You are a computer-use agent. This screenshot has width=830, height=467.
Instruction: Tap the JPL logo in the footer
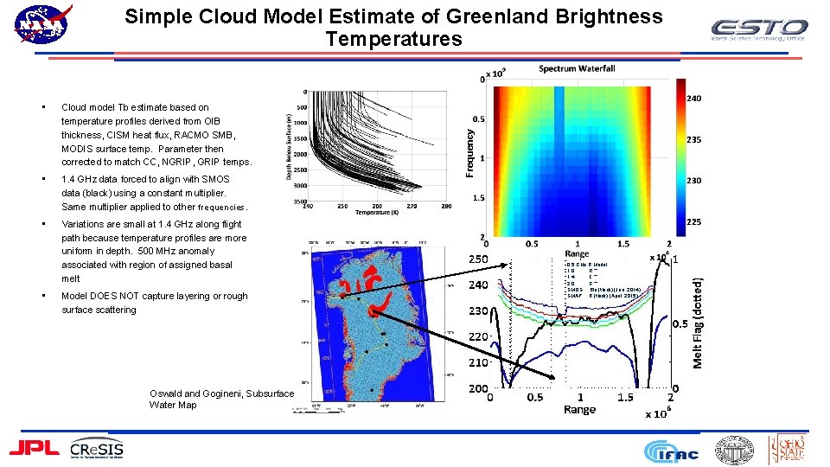pos(34,447)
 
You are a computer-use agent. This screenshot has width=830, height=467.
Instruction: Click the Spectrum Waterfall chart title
pos(577,68)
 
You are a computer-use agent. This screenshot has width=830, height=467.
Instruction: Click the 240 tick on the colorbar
pos(693,99)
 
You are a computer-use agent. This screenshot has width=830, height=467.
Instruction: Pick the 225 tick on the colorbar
pos(693,221)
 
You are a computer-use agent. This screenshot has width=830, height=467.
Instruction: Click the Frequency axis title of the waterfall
pos(470,153)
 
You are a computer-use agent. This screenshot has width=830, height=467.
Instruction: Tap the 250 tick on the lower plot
pos(478,259)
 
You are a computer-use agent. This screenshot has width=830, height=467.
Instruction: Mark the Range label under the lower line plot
pos(579,409)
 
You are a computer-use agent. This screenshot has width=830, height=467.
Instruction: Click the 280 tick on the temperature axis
pos(446,206)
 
